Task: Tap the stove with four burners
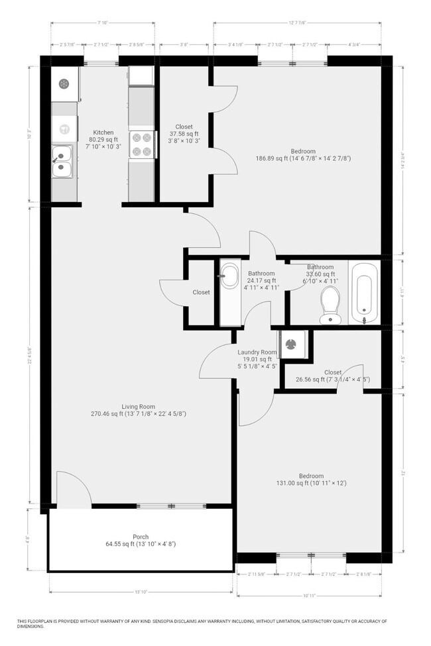[141, 144]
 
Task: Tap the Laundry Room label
[257, 352]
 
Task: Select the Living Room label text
[138, 406]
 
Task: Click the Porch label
[141, 537]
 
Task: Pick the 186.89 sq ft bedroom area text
[303, 158]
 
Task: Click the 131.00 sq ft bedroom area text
[311, 483]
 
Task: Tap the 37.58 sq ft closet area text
[184, 134]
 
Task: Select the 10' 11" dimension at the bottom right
[309, 596]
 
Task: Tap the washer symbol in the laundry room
[290, 343]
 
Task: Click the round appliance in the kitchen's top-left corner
[64, 83]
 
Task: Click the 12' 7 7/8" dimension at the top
[297, 23]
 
